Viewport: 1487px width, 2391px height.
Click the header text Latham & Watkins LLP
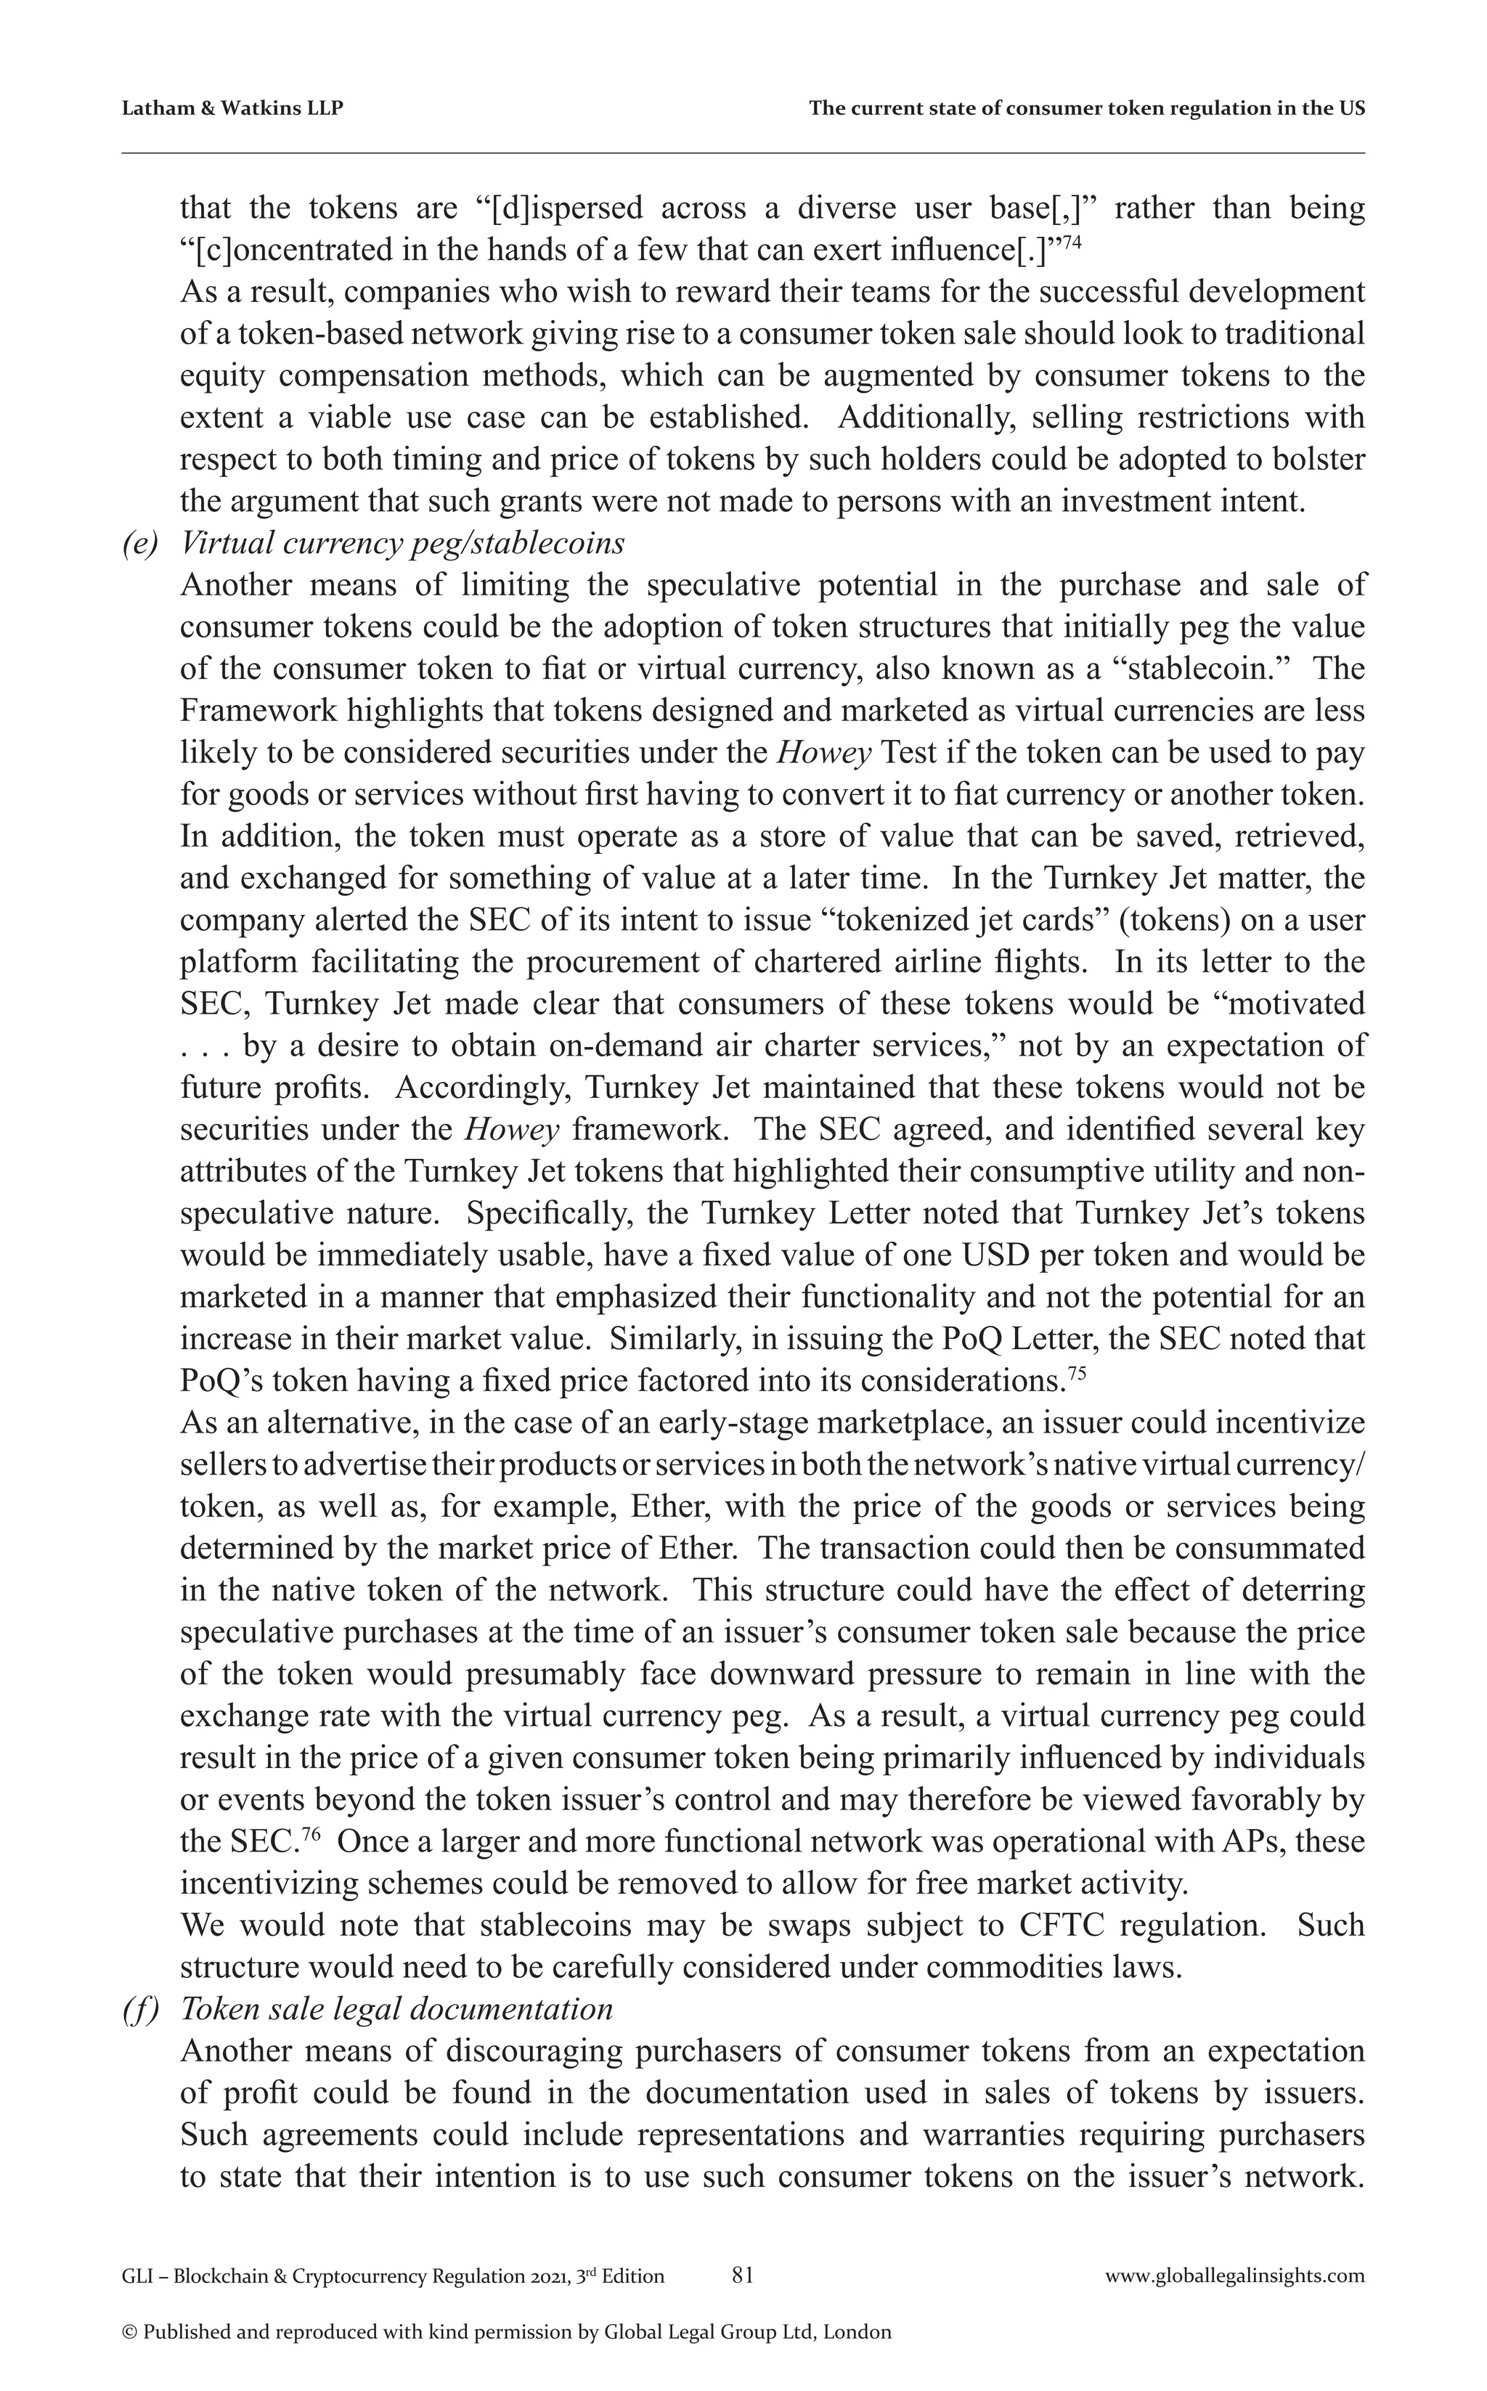tap(232, 109)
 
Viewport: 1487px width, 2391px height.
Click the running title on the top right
tap(1085, 109)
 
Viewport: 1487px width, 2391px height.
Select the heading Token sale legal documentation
tap(396, 2008)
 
